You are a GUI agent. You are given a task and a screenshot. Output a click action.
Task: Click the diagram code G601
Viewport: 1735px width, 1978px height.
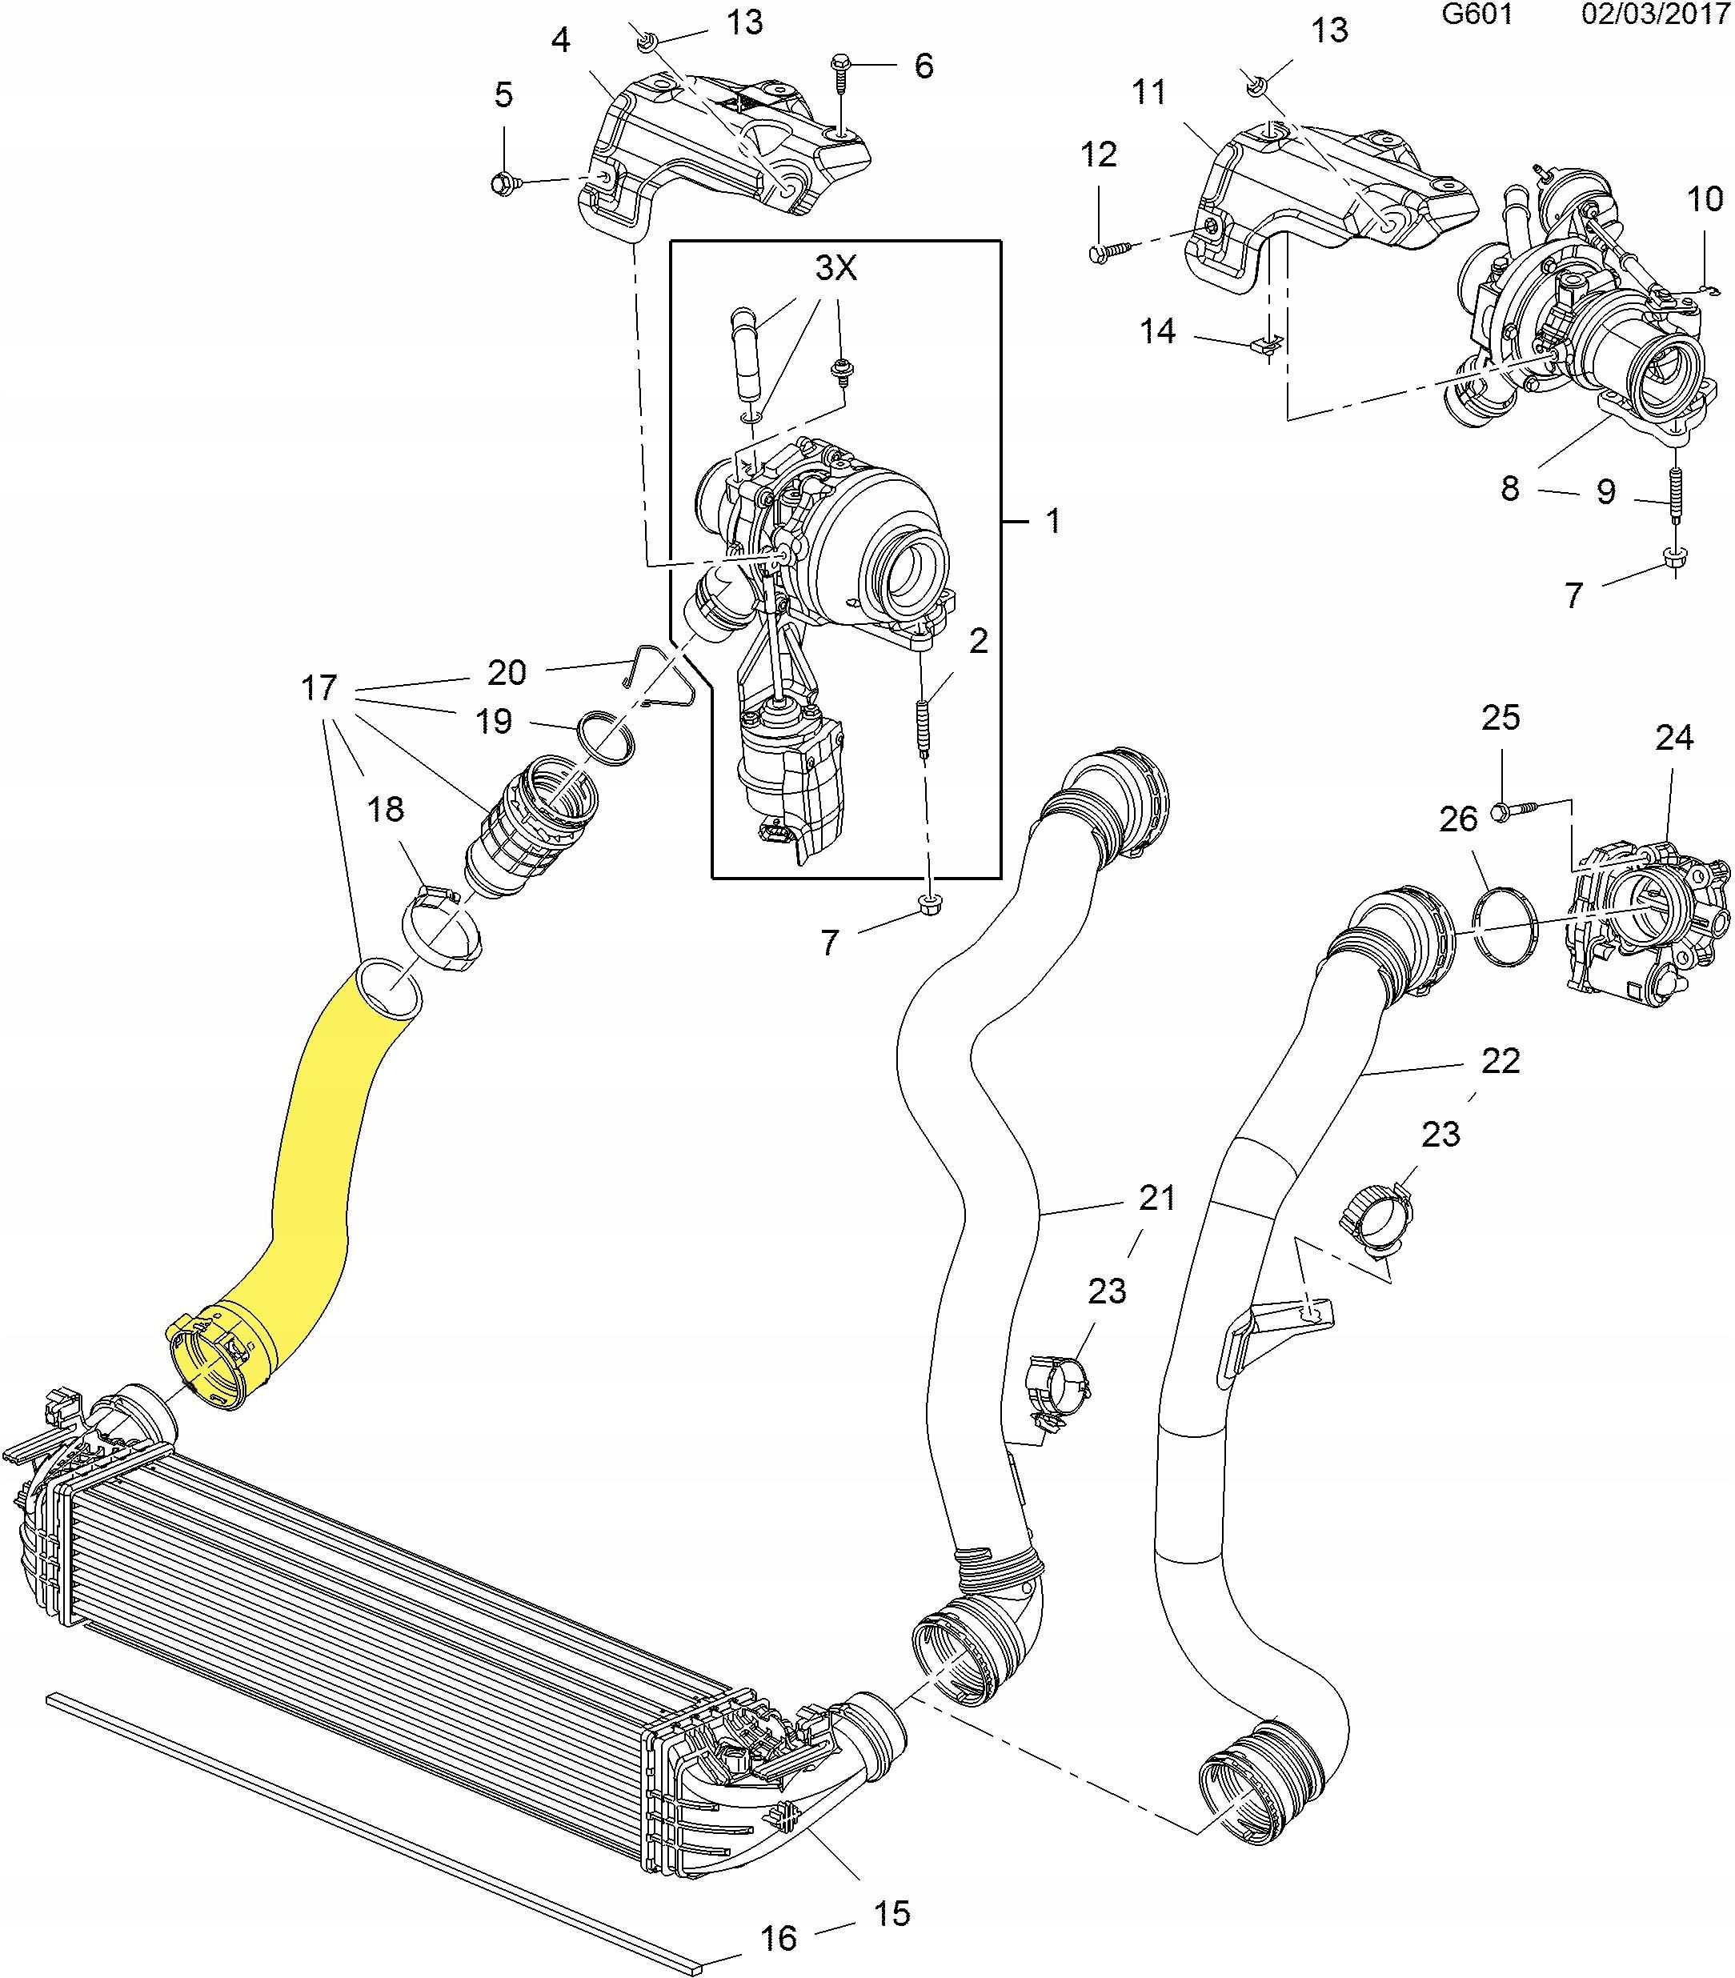1477,14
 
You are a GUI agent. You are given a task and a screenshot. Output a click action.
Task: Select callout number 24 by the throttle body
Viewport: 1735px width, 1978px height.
1673,738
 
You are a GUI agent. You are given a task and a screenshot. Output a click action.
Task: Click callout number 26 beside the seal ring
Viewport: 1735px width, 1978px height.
1458,819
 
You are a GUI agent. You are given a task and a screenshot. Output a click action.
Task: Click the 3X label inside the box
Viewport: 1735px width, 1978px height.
836,267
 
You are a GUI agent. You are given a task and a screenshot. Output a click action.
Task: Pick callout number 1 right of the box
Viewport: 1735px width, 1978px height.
1053,521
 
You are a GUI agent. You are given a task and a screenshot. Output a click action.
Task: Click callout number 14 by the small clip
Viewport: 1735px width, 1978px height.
1156,331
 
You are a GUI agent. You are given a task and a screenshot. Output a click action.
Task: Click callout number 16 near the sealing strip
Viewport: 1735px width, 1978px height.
777,1937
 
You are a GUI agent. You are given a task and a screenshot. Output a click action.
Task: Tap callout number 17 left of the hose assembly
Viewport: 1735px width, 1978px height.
319,687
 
